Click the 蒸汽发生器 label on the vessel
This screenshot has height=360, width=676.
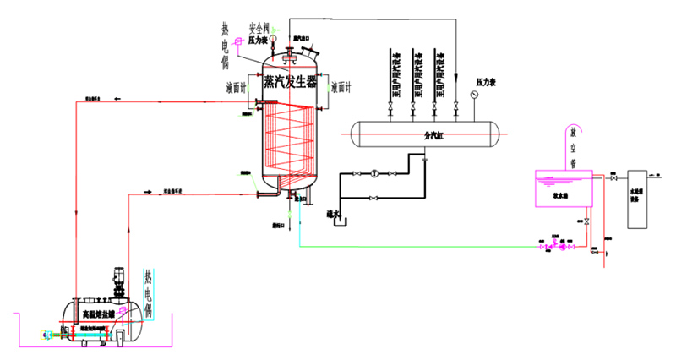(289, 82)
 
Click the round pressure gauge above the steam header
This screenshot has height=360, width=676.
(474, 95)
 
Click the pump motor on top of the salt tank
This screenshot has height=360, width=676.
(117, 280)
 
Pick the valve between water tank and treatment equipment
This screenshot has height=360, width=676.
(613, 178)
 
